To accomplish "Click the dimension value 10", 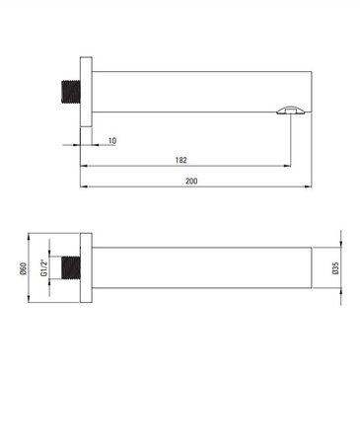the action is (112, 141).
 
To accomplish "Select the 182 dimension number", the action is (181, 160).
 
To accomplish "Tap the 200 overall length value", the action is (191, 181).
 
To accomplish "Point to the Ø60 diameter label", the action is (23, 268).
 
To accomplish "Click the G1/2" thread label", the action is (44, 267).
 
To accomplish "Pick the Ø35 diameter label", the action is (335, 268).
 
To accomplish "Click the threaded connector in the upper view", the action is (71, 92).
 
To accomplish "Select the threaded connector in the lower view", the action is (71, 267).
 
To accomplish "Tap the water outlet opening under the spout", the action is (291, 111).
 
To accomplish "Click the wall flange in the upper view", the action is (86, 92).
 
